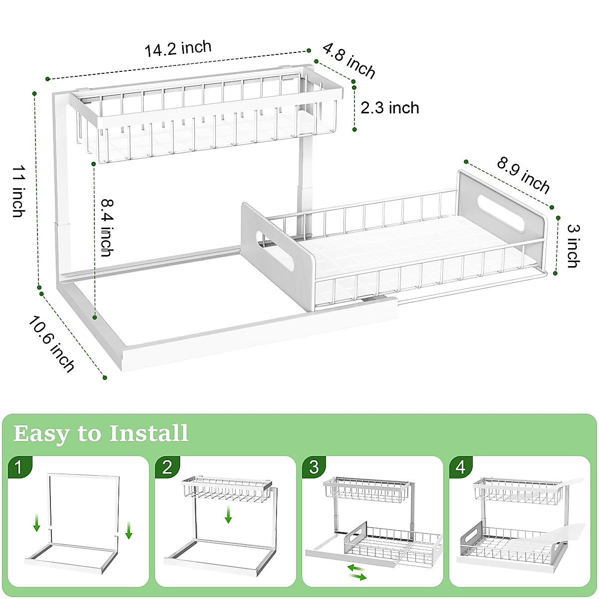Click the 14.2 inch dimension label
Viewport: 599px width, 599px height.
(x=178, y=49)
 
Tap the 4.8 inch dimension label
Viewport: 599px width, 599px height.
(x=349, y=61)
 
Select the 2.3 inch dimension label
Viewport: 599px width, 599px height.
(x=390, y=108)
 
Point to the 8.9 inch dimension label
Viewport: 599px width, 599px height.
(x=523, y=176)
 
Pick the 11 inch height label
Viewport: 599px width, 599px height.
(x=18, y=192)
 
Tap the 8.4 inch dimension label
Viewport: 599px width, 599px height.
(x=106, y=228)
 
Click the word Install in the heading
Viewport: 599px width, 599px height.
(x=149, y=433)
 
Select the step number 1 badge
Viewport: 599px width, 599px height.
(x=19, y=468)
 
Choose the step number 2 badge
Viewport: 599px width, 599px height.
(x=167, y=467)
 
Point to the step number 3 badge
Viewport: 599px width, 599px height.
(x=314, y=467)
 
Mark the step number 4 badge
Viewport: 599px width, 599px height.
(x=461, y=467)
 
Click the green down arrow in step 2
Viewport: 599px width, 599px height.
(x=228, y=514)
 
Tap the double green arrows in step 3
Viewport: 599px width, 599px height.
(x=356, y=572)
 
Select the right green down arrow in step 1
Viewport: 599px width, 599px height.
(x=129, y=530)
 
